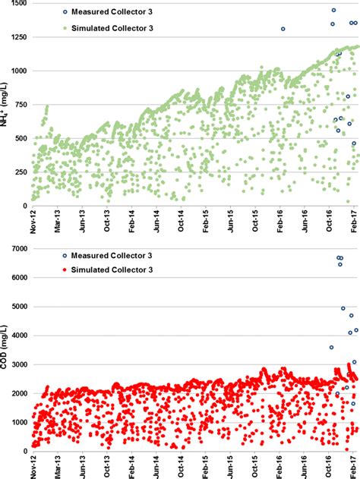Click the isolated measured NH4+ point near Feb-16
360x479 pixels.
click(x=283, y=29)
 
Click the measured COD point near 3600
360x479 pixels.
click(x=331, y=347)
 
